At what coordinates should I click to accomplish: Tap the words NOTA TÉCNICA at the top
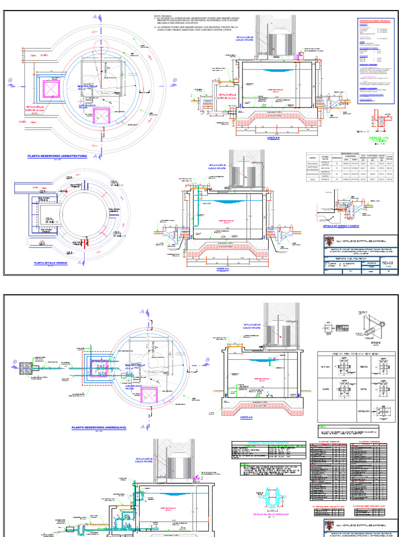(x=163, y=16)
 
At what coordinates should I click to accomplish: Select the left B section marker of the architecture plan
(x=9, y=80)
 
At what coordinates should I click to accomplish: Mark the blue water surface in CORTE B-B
(x=272, y=70)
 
